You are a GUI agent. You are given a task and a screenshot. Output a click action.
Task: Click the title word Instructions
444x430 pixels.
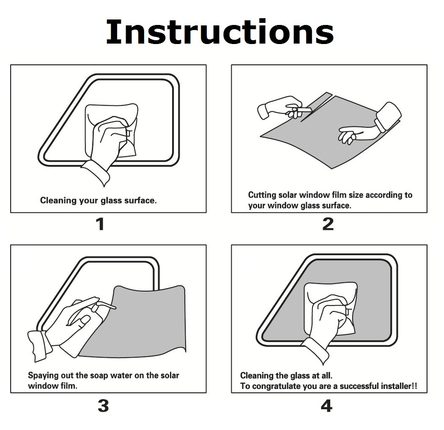220,32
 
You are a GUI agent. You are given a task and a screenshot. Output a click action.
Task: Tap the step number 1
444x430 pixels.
100,224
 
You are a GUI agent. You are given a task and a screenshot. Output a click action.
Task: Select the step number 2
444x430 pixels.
328,224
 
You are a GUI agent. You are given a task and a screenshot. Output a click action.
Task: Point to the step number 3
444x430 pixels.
103,405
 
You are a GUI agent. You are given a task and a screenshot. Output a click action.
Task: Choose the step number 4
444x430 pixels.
326,405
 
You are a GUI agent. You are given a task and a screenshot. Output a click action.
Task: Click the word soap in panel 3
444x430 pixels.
99,376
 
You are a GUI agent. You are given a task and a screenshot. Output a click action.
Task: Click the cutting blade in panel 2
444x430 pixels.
304,110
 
